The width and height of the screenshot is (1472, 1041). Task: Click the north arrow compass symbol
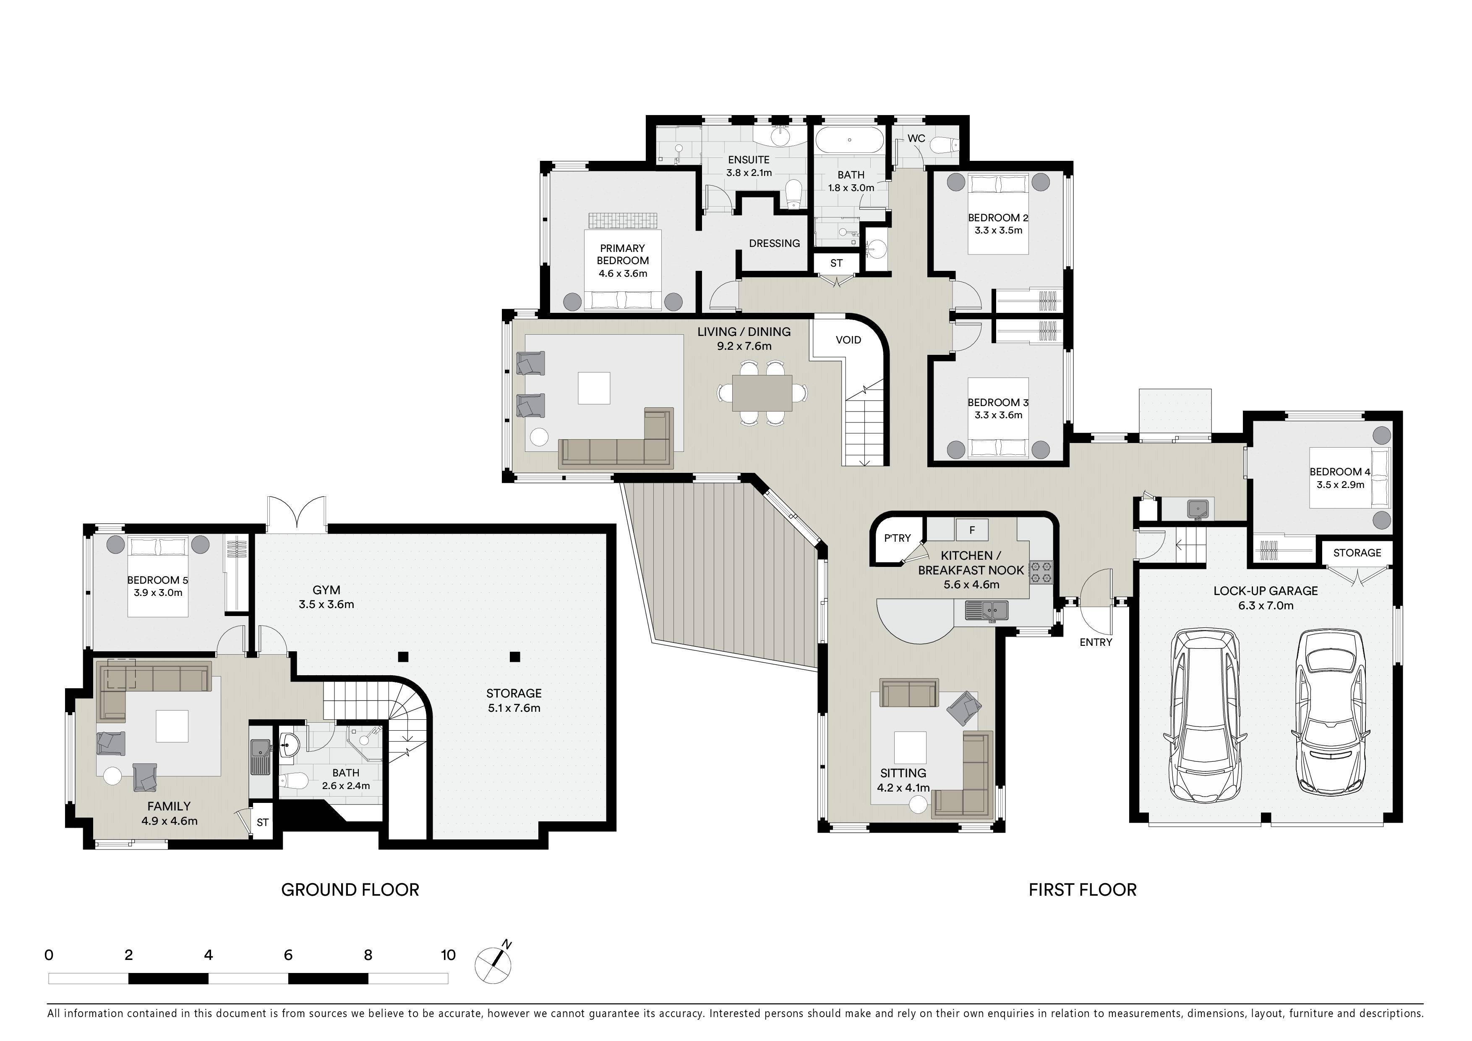(x=493, y=964)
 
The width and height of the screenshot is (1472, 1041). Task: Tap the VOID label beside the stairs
(x=848, y=340)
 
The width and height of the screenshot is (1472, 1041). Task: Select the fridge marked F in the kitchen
(x=972, y=530)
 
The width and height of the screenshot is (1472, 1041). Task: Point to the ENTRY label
(x=1096, y=642)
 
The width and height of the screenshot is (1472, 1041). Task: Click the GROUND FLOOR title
(x=350, y=890)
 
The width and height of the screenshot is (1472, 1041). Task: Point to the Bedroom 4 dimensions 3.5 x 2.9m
(x=1340, y=485)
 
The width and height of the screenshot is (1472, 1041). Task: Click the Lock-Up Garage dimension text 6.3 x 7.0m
(x=1266, y=606)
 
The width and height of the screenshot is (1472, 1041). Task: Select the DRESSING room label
(x=775, y=243)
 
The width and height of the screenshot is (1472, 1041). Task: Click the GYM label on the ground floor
(x=326, y=590)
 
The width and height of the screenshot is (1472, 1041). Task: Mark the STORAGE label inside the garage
(x=1357, y=553)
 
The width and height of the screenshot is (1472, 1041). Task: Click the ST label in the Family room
(x=262, y=822)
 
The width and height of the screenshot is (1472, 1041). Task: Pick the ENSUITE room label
(x=749, y=160)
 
